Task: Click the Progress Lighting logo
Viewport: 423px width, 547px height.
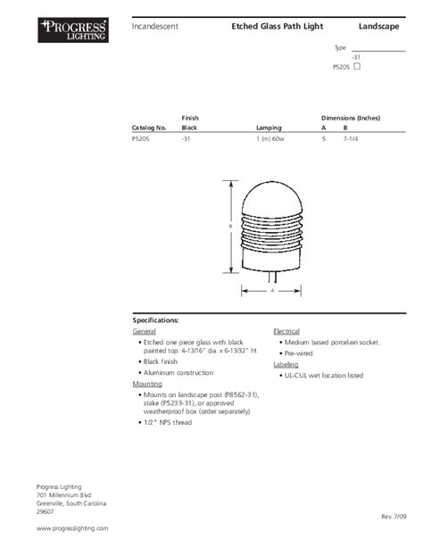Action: click(73, 32)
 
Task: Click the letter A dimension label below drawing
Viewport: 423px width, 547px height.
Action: click(271, 291)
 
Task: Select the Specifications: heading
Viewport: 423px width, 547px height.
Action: click(156, 319)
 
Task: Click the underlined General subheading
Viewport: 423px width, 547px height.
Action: click(144, 331)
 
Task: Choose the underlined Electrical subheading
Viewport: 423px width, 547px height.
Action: click(286, 331)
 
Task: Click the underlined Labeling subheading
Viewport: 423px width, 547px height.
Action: click(286, 365)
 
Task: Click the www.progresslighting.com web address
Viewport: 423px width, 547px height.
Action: click(72, 528)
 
